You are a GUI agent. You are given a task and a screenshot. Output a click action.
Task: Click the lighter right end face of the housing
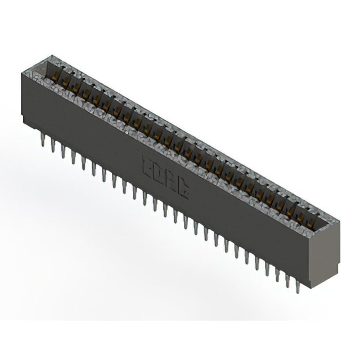click(x=330, y=247)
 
